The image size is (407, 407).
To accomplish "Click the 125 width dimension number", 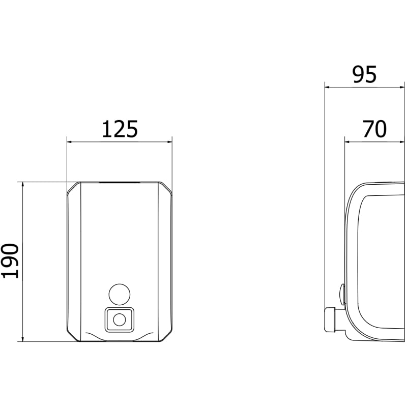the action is pyautogui.click(x=120, y=129).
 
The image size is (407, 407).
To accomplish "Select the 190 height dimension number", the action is pyautogui.click(x=10, y=261).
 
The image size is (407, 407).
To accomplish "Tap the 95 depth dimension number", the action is pyautogui.click(x=364, y=74).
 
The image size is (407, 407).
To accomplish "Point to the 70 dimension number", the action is pyautogui.click(x=374, y=129).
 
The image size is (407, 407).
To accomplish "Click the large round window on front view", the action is pyautogui.click(x=120, y=295).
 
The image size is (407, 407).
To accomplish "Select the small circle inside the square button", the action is pyautogui.click(x=120, y=320).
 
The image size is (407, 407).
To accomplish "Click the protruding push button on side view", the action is pyautogui.click(x=330, y=319).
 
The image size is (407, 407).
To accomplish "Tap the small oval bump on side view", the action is pyautogui.click(x=342, y=294).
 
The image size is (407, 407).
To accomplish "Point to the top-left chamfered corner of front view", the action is pyautogui.click(x=73, y=188).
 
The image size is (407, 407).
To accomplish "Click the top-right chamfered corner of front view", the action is pyautogui.click(x=165, y=188).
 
